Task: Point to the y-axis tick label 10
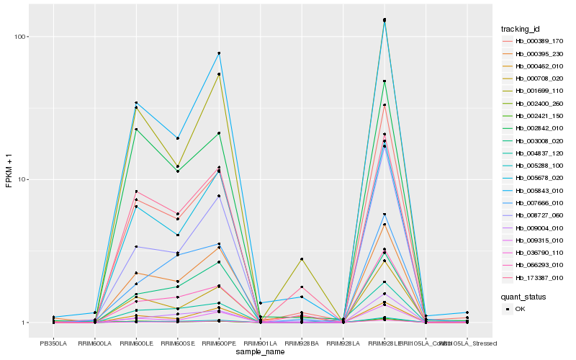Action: [21, 179]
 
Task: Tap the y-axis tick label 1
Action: [23, 323]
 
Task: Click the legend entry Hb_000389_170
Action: [539, 41]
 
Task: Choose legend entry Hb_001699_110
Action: [539, 91]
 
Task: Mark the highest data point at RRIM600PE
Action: [219, 53]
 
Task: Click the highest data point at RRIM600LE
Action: [136, 103]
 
